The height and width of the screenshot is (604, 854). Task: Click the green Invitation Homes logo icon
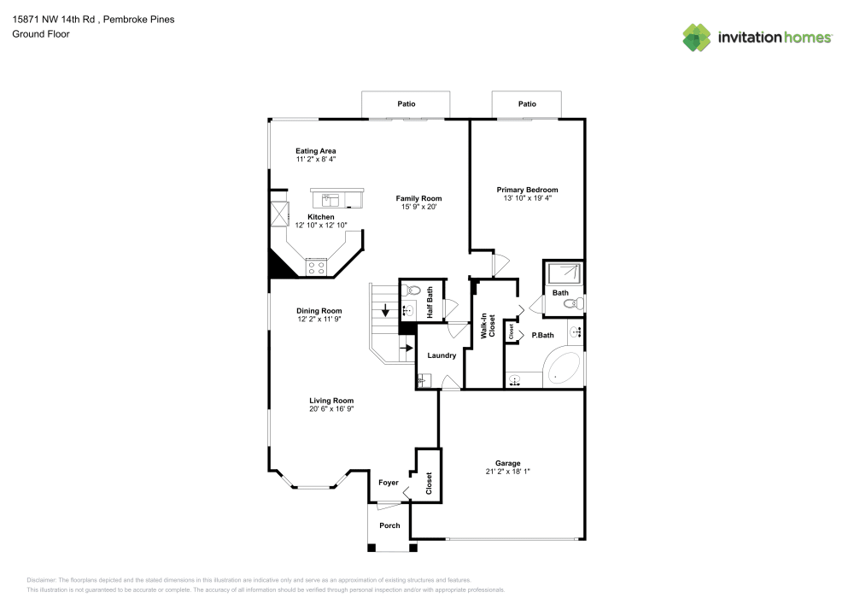(x=697, y=37)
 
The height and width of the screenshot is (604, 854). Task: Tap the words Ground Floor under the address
(x=41, y=34)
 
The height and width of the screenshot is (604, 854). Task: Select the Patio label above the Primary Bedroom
(x=527, y=103)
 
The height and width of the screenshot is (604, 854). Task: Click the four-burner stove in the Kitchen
(x=316, y=267)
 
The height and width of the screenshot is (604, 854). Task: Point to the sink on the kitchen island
(x=330, y=201)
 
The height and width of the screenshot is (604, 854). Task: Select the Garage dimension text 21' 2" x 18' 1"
(x=507, y=472)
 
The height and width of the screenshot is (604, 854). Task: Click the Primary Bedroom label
(x=527, y=190)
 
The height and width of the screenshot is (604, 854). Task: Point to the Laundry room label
(x=442, y=355)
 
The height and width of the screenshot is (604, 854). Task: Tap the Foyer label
(x=389, y=483)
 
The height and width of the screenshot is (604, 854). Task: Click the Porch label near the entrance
(x=389, y=525)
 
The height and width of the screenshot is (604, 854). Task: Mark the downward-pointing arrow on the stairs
(x=386, y=310)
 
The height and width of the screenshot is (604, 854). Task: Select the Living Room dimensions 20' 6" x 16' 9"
(x=331, y=409)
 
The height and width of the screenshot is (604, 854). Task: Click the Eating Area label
(x=315, y=151)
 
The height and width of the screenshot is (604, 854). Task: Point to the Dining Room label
(x=319, y=311)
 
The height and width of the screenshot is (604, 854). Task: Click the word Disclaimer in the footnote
(x=42, y=580)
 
